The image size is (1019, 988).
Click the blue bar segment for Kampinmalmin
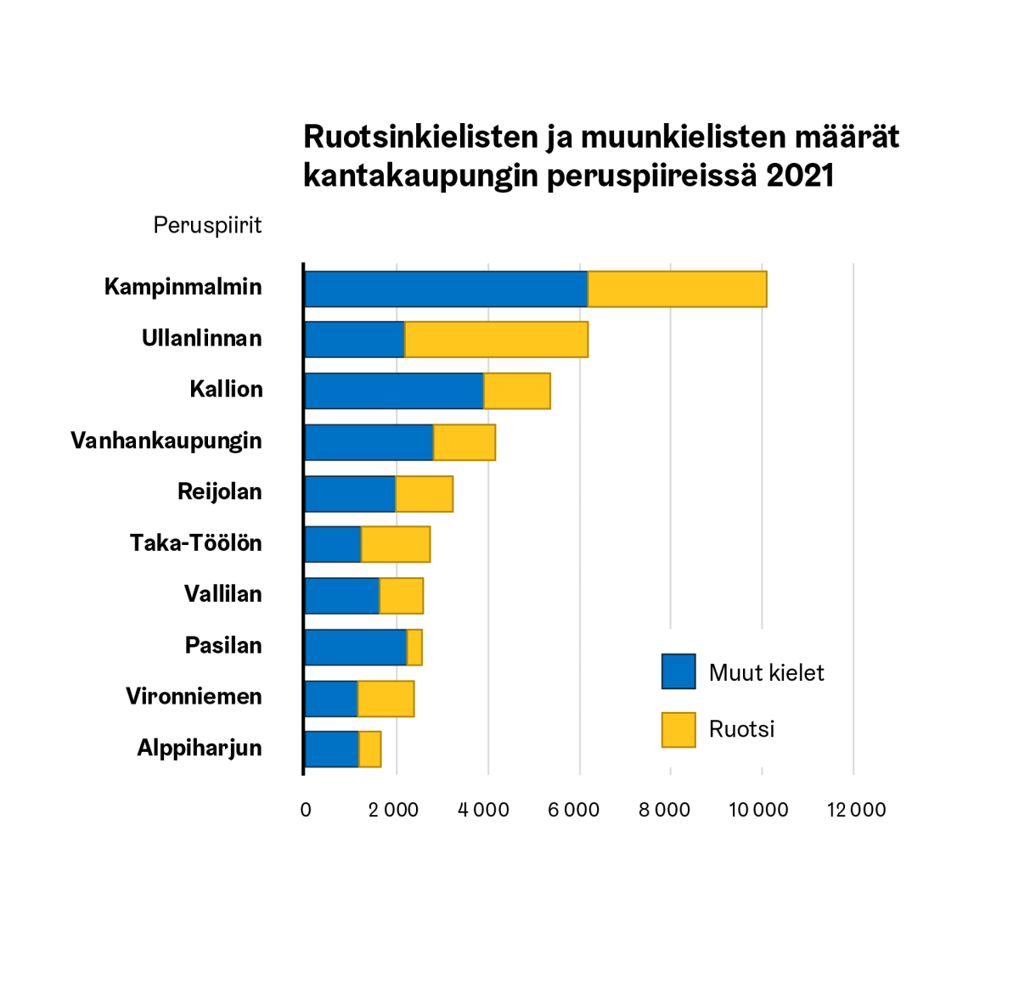click(x=446, y=289)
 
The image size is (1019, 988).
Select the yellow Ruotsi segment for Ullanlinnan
click(x=496, y=340)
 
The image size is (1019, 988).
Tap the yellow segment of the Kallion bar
click(x=517, y=391)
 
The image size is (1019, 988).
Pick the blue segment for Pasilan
click(x=356, y=648)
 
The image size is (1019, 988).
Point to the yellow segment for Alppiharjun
click(x=370, y=749)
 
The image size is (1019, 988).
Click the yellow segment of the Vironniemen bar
click(x=386, y=699)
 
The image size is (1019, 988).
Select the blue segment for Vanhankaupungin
click(x=369, y=442)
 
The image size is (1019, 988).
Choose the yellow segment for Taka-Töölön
click(x=396, y=544)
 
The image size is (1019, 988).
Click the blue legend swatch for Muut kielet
click(x=678, y=671)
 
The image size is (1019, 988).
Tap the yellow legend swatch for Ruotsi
click(x=678, y=730)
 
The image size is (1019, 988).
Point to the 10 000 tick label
click(x=758, y=810)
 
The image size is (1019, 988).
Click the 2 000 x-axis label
click(x=393, y=810)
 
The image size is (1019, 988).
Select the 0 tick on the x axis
click(x=306, y=810)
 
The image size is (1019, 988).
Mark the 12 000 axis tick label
click(x=856, y=810)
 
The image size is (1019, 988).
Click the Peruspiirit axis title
click(x=207, y=225)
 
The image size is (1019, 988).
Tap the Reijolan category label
click(x=219, y=491)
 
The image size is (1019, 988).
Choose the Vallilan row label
click(x=222, y=593)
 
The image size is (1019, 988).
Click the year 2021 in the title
click(x=800, y=176)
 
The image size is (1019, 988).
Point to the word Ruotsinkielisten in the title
click(x=421, y=137)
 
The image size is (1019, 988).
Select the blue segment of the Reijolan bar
click(x=350, y=494)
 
